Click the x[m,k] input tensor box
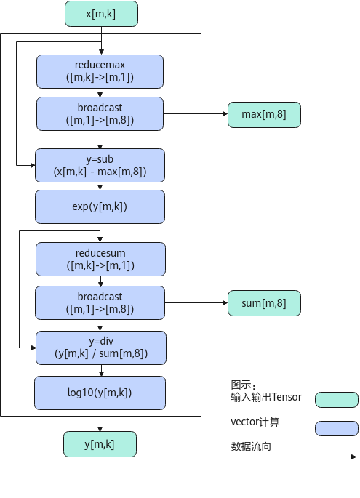pyautogui.click(x=101, y=14)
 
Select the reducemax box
pyautogui.click(x=100, y=71)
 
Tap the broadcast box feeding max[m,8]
pyautogui.click(x=100, y=113)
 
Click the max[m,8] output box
pyautogui.click(x=264, y=115)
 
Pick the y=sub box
pyautogui.click(x=100, y=166)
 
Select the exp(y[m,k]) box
pyautogui.click(x=100, y=206)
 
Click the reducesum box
pyautogui.click(x=100, y=259)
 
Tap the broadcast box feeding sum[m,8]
pyautogui.click(x=100, y=302)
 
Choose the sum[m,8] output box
pyautogui.click(x=264, y=303)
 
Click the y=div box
pyautogui.click(x=100, y=348)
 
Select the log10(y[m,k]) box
pyautogui.click(x=100, y=393)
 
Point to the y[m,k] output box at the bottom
pyautogui.click(x=100, y=444)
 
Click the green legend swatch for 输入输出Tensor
pyautogui.click(x=337, y=400)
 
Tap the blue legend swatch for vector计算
pyautogui.click(x=337, y=428)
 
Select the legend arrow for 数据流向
pyautogui.click(x=339, y=457)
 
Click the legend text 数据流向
pyautogui.click(x=251, y=446)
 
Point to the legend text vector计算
pyautogui.click(x=255, y=422)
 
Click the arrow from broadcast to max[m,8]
pyautogui.click(x=196, y=113)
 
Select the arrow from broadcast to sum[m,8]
pyautogui.click(x=196, y=302)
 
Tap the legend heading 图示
pyautogui.click(x=244, y=385)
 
